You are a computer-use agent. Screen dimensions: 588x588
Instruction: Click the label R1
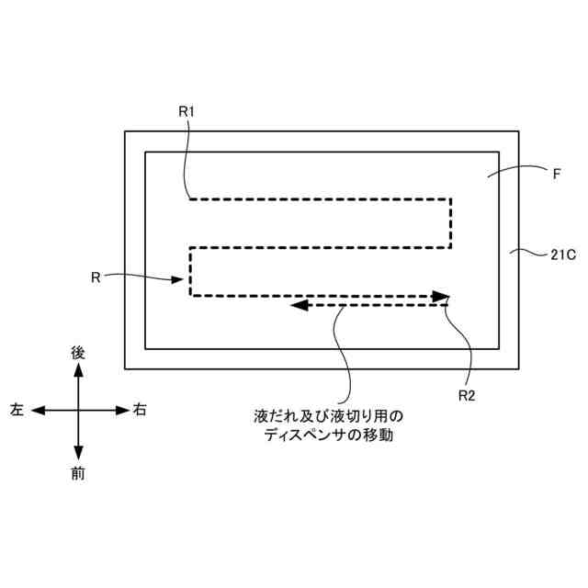pos(187,110)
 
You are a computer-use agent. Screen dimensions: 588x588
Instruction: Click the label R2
pos(467,395)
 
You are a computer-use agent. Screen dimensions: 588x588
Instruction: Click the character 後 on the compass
pos(78,352)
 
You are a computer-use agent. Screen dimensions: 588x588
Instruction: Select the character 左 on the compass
pos(17,410)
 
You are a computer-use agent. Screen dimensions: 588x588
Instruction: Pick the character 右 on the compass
pos(140,410)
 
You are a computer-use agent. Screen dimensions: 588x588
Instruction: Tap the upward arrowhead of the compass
pos(78,369)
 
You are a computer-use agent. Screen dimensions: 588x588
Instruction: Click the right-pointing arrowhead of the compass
pos(123,410)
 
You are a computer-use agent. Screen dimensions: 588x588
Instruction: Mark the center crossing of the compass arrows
pos(78,410)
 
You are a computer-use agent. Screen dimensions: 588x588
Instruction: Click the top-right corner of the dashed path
pos(451,198)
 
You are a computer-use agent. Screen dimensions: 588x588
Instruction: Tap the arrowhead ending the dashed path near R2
pos(443,296)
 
